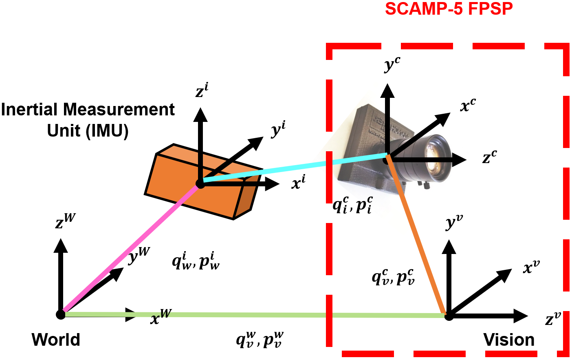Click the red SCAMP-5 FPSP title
(x=449, y=9)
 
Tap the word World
(x=56, y=340)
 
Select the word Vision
(x=509, y=340)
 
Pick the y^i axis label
(x=278, y=129)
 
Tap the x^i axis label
(x=298, y=182)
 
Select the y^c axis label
(x=392, y=64)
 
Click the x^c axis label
(x=468, y=106)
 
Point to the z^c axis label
(x=489, y=157)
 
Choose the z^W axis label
(x=65, y=221)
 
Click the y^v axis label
(x=454, y=222)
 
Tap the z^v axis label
(x=553, y=318)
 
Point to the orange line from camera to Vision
(x=418, y=236)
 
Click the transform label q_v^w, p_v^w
(x=260, y=340)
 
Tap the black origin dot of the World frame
(x=61, y=314)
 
